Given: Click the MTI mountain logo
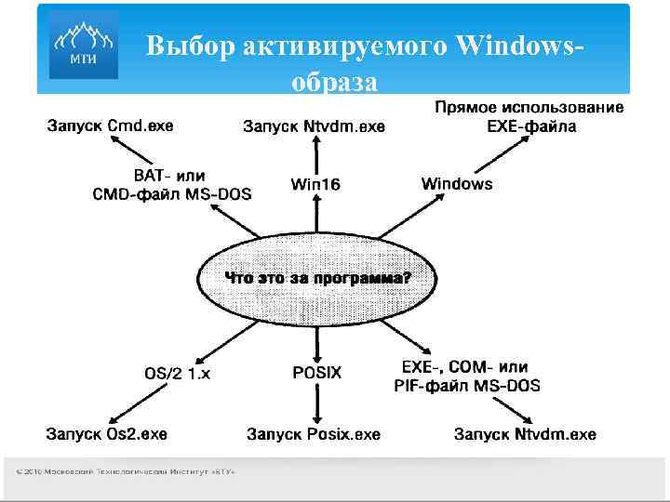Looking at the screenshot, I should click(x=83, y=46).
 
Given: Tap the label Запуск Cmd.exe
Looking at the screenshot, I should click(x=111, y=125).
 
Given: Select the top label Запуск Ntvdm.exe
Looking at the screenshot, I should click(x=314, y=126).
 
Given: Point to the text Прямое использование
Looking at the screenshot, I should click(x=529, y=108).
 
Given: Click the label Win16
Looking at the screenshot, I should click(x=315, y=184).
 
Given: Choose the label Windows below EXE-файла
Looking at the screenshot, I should click(x=457, y=183).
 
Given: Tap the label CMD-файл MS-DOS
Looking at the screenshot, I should click(x=172, y=193).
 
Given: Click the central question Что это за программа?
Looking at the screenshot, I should click(x=317, y=277).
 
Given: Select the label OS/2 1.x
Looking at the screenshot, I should click(x=178, y=373).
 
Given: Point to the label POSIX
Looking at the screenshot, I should click(x=317, y=372).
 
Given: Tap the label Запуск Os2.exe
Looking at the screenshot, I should click(x=107, y=433).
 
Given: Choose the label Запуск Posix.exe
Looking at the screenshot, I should click(x=314, y=434).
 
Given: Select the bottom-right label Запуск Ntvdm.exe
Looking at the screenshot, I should click(x=526, y=434).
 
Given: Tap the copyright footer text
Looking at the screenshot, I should click(x=125, y=471).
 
